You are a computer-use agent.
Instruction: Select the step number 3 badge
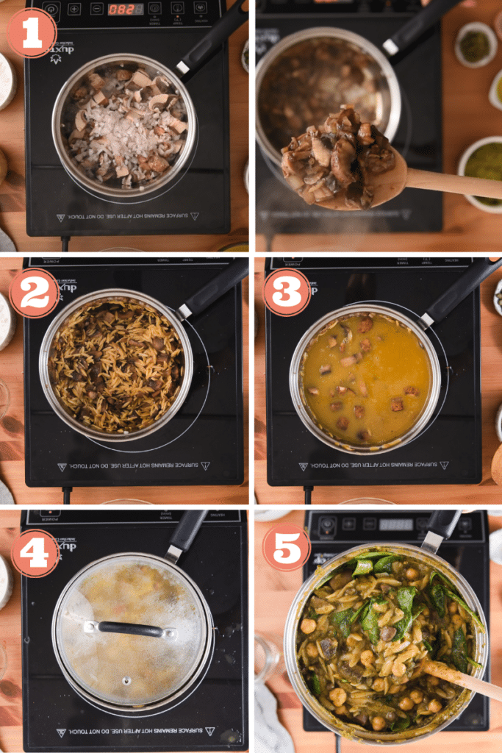coord(287,292)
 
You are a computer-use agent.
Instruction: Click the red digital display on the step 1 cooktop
coord(126,10)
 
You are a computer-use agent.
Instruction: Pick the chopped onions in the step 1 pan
coord(125,132)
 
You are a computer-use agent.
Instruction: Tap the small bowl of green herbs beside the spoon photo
coord(476,44)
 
